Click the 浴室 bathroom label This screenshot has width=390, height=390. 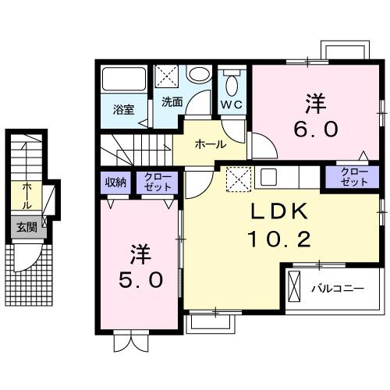tap(123, 109)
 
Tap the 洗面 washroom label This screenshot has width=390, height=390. tap(172, 102)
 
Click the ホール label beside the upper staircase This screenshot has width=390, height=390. tap(210, 144)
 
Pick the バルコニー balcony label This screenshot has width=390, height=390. tap(337, 287)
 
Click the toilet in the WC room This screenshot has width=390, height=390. tap(231, 82)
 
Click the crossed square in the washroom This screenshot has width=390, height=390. tap(166, 76)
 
